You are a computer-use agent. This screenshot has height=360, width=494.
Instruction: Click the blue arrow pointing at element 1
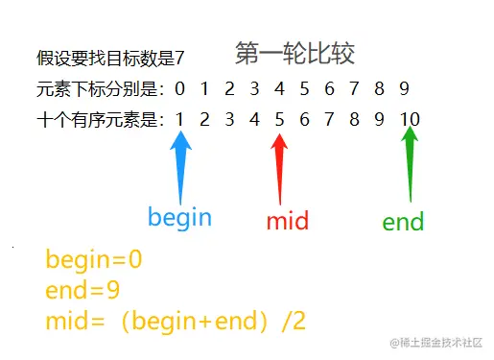pyautogui.click(x=180, y=164)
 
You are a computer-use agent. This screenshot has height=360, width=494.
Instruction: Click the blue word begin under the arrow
pyautogui.click(x=179, y=217)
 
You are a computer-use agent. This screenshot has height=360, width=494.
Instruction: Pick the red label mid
pyautogui.click(x=288, y=222)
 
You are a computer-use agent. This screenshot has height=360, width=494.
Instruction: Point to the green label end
pyautogui.click(x=403, y=224)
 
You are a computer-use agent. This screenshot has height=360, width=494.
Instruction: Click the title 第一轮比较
pyautogui.click(x=294, y=55)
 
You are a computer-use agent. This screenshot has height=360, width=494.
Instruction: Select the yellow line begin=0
pyautogui.click(x=93, y=260)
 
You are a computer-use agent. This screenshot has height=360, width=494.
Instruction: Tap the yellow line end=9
pyautogui.click(x=82, y=291)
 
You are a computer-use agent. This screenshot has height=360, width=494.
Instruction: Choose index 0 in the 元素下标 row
pyautogui.click(x=179, y=90)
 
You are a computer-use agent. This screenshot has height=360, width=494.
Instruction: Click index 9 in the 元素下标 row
pyautogui.click(x=404, y=90)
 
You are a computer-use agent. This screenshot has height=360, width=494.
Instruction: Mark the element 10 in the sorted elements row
pyautogui.click(x=410, y=120)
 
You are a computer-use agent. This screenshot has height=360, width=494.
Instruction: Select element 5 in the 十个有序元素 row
pyautogui.click(x=279, y=120)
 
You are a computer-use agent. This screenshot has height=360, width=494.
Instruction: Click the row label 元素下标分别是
pyautogui.click(x=100, y=90)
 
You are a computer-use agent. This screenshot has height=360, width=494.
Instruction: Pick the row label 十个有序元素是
pyautogui.click(x=100, y=120)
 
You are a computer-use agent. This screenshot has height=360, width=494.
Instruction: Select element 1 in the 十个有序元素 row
pyautogui.click(x=179, y=120)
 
